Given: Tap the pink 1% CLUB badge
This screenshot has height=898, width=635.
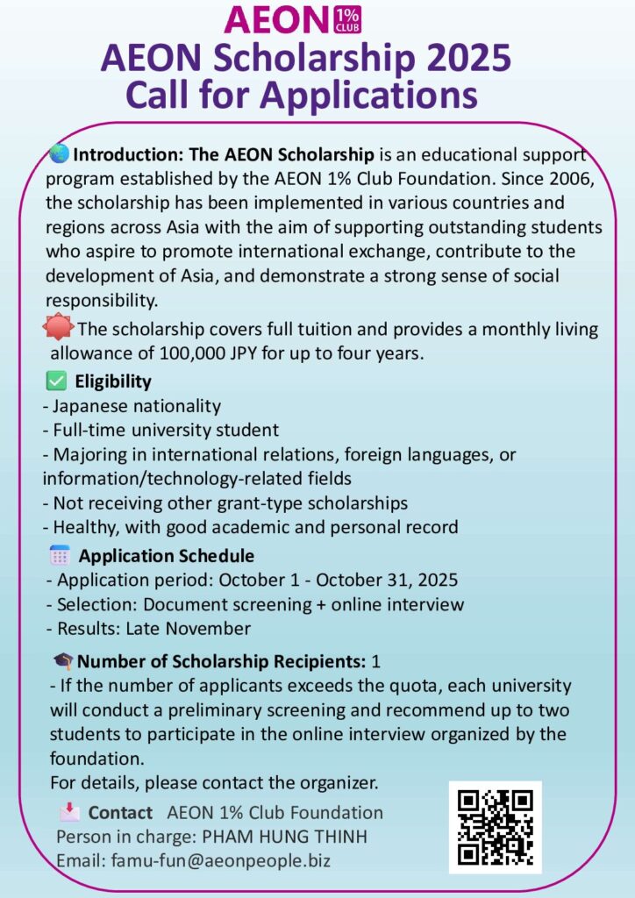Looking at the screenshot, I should click(348, 19).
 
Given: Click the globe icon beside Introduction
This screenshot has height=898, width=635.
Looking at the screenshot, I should click(60, 154).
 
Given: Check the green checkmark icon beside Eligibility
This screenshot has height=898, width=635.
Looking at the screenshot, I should click(55, 381).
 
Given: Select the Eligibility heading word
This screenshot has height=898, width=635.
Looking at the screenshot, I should click(113, 381).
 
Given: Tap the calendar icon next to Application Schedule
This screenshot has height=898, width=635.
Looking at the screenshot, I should click(60, 555).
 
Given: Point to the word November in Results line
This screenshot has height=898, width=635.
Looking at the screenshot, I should click(209, 628).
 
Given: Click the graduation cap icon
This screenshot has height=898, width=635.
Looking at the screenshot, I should click(63, 661).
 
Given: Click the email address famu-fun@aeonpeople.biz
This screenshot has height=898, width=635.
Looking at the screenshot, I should click(221, 860).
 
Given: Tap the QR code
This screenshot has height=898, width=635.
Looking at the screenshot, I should click(496, 827).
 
